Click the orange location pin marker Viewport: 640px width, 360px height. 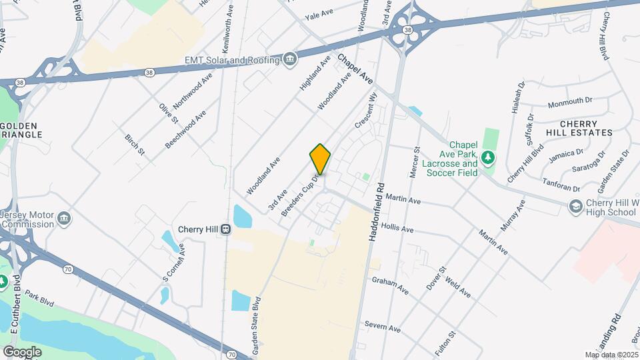pos(320,159)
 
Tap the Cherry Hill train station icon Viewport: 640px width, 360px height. pos(227,229)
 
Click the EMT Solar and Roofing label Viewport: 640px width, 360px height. pos(231,61)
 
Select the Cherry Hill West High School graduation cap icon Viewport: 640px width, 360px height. pos(575,207)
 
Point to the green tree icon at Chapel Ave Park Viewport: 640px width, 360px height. pos(489,157)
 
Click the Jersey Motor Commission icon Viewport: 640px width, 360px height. pos(64,219)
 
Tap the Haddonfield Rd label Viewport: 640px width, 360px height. pos(375,212)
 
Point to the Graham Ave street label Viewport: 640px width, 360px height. pos(390,285)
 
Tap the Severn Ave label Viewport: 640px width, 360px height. pos(382,327)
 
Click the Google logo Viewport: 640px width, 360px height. pos(21,351)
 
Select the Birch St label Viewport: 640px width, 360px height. pos(135,143)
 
